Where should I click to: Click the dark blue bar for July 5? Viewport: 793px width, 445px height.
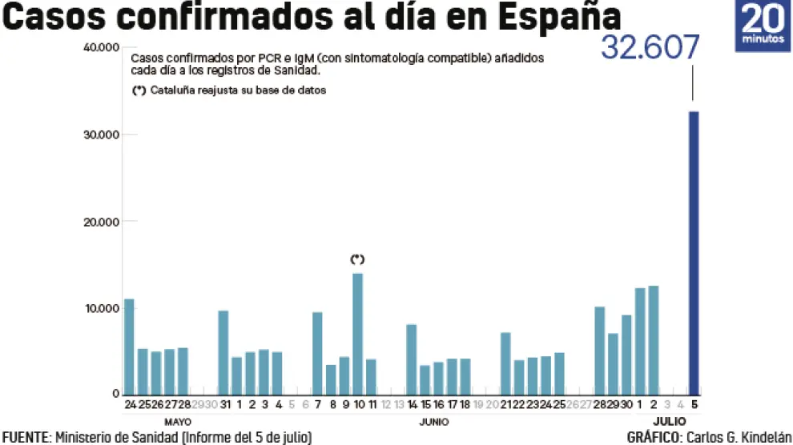pyautogui.click(x=694, y=253)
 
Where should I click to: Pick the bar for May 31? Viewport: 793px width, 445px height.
pyautogui.click(x=223, y=352)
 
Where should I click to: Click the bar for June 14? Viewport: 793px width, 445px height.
pyautogui.click(x=412, y=359)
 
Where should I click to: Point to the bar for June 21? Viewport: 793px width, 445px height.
pyautogui.click(x=505, y=363)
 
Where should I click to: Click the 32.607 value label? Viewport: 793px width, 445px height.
pyautogui.click(x=650, y=47)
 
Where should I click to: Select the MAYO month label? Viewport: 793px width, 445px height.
pyautogui.click(x=178, y=421)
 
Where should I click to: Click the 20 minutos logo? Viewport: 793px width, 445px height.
pyautogui.click(x=763, y=26)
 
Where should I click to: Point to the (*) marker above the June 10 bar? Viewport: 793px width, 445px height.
pyautogui.click(x=357, y=259)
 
